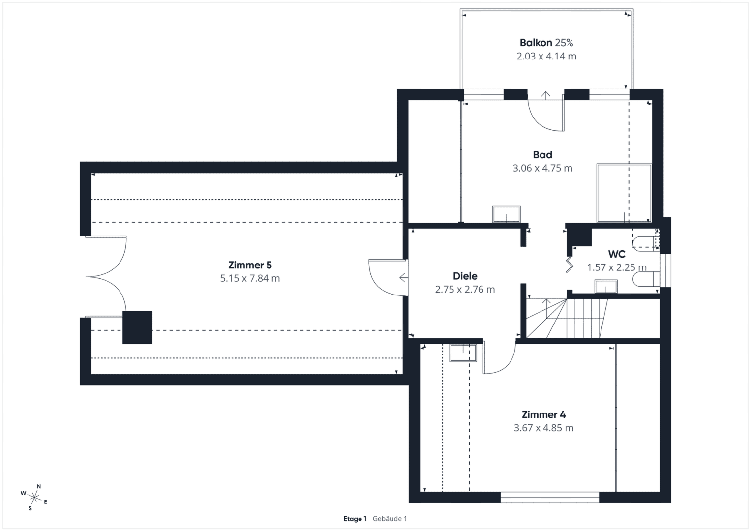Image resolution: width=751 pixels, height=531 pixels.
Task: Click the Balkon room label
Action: pos(536,43)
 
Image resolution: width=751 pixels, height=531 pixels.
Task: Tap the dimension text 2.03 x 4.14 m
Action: pos(546,56)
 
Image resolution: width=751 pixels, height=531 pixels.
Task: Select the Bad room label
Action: pos(542,155)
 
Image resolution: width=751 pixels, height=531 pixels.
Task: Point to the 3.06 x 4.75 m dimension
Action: pos(542,168)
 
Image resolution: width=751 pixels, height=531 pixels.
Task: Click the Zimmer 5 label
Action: pos(250,265)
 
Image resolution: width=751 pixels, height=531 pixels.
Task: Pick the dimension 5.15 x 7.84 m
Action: pos(250,278)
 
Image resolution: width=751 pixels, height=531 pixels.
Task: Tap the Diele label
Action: pos(465,276)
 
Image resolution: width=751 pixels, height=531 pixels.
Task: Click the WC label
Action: pos(617,254)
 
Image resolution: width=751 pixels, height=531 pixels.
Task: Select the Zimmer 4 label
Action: pos(544,414)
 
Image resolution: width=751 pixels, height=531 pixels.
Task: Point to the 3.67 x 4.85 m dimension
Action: pos(544,428)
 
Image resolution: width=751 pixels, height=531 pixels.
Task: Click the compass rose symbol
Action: pos(34,498)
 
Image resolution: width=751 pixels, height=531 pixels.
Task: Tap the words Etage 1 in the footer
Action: pos(355,519)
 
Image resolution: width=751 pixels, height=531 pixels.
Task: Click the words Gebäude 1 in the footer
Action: pos(390,519)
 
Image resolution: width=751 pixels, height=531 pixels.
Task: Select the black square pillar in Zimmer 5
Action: pos(137,327)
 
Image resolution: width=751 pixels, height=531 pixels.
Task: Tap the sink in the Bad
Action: pos(506,214)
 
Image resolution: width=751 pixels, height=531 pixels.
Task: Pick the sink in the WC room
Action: pos(606,286)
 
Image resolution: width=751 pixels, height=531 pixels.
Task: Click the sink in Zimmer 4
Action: pos(463,353)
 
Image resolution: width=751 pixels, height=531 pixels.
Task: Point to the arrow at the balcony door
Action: pos(546,95)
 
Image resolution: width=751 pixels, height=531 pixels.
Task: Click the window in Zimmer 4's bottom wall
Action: pos(550,498)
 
